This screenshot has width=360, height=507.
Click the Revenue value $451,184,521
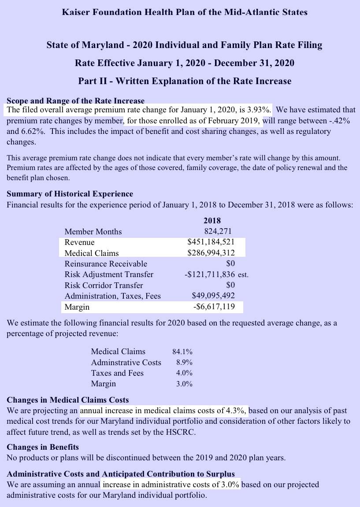pos(211,242)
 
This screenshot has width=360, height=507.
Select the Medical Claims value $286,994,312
pos(211,253)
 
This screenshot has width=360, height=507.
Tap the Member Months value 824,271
pos(218,231)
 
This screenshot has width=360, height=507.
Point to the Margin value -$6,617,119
pos(214,307)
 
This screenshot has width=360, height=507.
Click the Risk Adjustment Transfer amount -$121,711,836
pos(210,274)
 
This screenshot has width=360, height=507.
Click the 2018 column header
pos(212,221)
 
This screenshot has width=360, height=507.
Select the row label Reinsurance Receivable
pos(106,264)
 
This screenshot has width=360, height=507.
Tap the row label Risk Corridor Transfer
pos(104,285)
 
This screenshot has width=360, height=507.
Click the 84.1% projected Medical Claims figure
pos(182,352)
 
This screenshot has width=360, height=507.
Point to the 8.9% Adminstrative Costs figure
pos(184,363)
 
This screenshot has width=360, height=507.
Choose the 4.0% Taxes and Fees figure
pos(184,373)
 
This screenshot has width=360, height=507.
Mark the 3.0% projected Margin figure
pos(184,384)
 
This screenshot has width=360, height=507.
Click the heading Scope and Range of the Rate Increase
pos(75,101)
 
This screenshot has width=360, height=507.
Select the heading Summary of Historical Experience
pos(70,194)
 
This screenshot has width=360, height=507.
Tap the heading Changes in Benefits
pos(43,447)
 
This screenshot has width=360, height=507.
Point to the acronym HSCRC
pos(179,432)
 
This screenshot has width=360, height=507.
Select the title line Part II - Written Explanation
pos(185,81)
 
